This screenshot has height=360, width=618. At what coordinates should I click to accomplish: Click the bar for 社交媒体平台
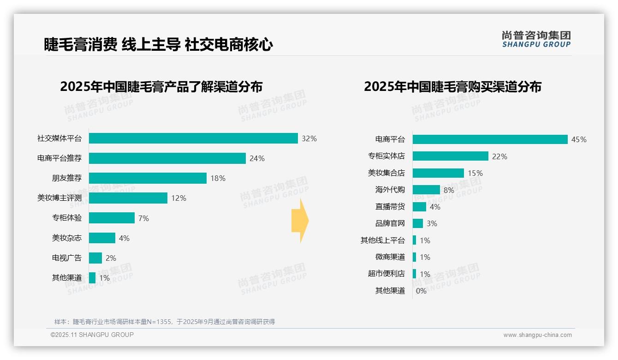193,138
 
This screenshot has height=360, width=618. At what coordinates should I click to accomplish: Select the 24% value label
257,158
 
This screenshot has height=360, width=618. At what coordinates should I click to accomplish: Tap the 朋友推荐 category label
66,178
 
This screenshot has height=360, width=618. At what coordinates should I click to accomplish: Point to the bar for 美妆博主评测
128,198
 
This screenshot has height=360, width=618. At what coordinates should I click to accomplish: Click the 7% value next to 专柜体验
143,218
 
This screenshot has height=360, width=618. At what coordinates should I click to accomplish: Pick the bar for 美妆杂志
102,238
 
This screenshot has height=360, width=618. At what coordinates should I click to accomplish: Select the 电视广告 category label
66,258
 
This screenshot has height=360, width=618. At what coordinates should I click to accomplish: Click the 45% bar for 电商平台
490,139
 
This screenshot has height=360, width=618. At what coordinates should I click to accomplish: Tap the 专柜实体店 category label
386,156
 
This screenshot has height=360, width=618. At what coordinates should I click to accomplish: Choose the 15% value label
475,173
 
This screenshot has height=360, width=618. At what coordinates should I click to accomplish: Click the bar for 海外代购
426,190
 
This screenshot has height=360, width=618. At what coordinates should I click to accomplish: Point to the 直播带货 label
390,207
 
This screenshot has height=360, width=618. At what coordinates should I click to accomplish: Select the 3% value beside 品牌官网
432,223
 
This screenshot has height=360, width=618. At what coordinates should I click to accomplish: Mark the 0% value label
421,291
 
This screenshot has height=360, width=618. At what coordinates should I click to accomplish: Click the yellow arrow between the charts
300,221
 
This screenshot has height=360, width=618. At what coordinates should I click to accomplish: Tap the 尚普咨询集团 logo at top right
536,39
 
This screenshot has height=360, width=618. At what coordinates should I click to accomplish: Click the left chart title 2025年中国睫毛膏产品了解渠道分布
161,87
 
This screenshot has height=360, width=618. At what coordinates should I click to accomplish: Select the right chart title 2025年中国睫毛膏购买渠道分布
452,87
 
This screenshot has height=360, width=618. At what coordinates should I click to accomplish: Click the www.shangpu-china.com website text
537,335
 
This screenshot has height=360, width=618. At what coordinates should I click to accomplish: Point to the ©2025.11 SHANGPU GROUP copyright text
92,335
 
